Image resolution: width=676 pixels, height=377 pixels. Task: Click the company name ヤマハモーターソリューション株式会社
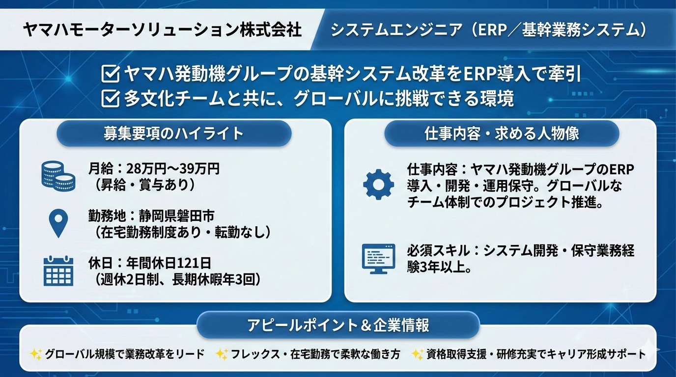[162, 29]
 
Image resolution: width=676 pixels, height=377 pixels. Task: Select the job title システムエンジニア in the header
[396, 29]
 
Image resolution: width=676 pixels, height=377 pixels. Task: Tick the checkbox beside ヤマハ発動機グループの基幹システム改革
[110, 74]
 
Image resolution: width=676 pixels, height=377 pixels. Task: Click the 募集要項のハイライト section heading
[173, 134]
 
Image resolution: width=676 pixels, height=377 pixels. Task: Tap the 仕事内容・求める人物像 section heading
[502, 134]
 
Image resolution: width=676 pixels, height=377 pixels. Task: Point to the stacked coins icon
[58, 176]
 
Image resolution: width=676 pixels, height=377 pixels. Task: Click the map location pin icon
[58, 223]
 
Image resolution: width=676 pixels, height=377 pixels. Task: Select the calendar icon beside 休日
[58, 270]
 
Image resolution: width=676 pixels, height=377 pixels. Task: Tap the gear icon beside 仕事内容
[378, 185]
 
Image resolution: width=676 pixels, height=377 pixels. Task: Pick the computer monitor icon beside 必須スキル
[378, 259]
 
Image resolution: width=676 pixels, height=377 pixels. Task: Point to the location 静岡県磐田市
[176, 215]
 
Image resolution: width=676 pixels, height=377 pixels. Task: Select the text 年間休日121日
[169, 263]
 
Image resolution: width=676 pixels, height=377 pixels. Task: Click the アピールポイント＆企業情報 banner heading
[338, 325]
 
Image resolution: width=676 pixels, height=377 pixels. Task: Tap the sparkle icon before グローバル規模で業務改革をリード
[36, 354]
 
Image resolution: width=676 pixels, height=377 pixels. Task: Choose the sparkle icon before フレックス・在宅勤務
[222, 354]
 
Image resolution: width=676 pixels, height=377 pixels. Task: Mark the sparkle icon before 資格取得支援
[418, 354]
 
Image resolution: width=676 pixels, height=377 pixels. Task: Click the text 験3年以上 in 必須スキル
[436, 268]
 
